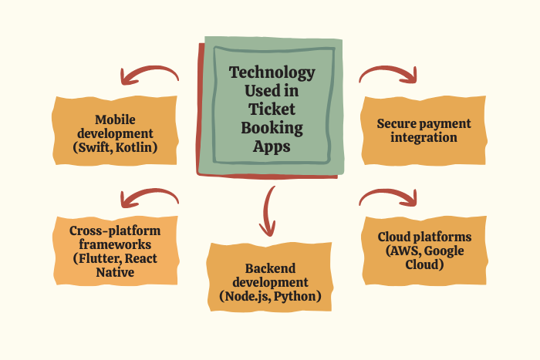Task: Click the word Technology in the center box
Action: (x=272, y=73)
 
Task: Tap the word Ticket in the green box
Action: (x=272, y=109)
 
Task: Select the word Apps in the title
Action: (x=272, y=146)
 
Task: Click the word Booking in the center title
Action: (x=272, y=128)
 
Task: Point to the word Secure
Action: (x=398, y=123)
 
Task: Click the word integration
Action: (x=424, y=137)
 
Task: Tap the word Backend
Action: (x=271, y=268)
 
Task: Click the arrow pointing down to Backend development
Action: (x=268, y=210)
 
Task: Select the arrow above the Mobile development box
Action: (x=148, y=75)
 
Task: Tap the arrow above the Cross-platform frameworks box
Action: (x=148, y=197)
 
